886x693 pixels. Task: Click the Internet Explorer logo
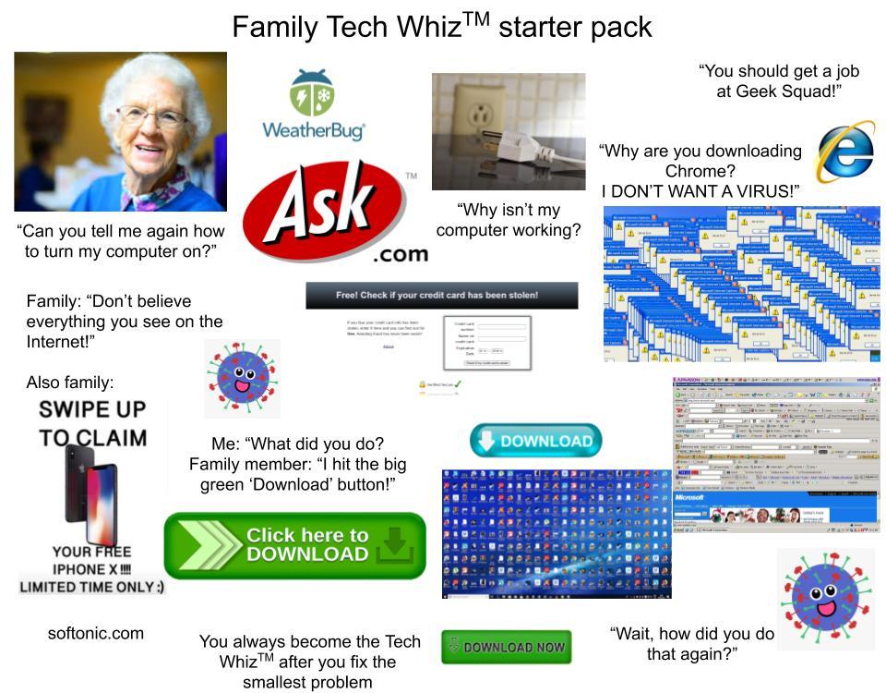844,152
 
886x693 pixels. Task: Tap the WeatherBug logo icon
312,91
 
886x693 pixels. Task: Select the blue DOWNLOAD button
535,441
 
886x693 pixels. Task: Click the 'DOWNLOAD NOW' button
506,647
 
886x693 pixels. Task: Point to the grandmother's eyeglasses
151,117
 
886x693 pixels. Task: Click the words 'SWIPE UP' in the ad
92,408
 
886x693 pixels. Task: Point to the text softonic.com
96,633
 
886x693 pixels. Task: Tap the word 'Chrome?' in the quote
701,171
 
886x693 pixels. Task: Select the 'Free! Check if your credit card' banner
441,296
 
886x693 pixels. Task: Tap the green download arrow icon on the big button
395,544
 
